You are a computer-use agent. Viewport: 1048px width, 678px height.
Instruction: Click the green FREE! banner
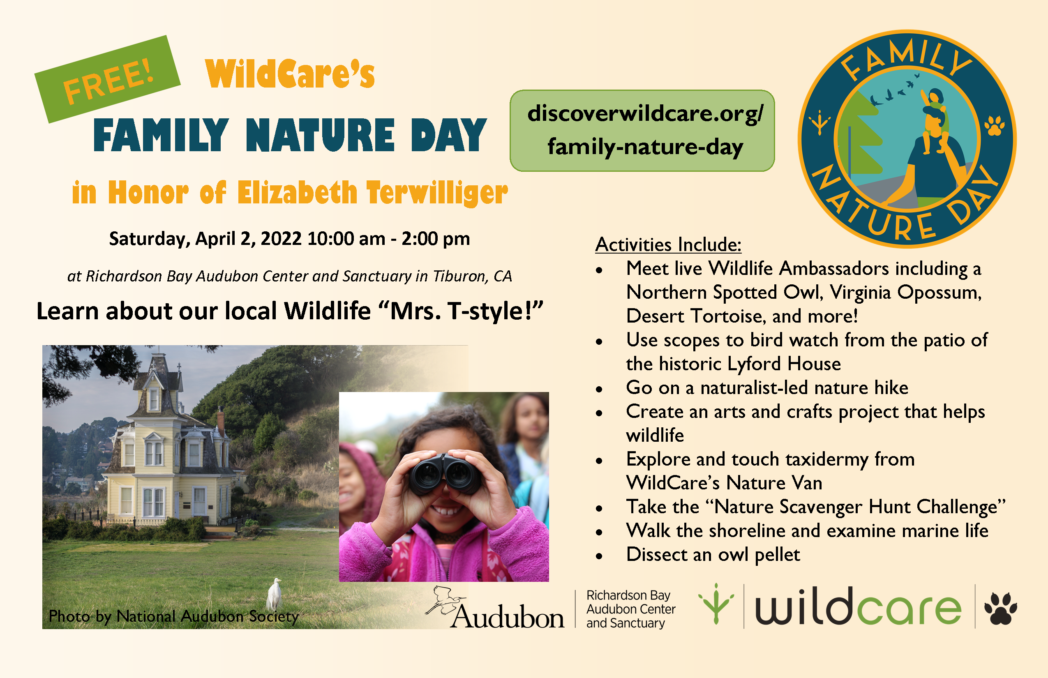107,79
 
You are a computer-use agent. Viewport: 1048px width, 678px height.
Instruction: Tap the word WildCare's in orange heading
290,74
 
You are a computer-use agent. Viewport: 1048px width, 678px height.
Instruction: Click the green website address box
642,131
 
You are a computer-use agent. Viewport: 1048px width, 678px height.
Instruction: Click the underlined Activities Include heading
668,245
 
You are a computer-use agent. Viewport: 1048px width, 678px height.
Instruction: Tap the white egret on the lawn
274,594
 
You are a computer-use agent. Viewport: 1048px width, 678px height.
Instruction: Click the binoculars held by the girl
445,474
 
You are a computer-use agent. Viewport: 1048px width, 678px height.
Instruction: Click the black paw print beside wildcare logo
1000,608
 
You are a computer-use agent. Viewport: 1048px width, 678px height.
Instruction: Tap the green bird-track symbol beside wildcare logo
716,604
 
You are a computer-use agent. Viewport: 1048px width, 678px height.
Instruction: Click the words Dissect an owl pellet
713,555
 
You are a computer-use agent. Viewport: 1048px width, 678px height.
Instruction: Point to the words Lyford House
784,364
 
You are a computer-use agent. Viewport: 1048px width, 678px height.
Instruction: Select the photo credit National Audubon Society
208,616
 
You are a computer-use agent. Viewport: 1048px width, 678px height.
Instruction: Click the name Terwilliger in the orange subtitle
437,193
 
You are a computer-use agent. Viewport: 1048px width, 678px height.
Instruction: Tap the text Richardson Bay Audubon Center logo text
630,609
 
